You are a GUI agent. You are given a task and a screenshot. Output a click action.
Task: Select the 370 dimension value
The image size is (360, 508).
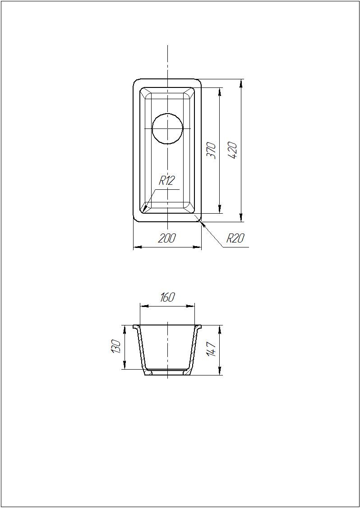click(212, 151)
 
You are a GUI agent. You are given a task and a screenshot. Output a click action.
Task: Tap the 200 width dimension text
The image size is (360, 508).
click(167, 238)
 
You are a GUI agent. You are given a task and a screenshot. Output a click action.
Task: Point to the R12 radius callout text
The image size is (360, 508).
click(167, 181)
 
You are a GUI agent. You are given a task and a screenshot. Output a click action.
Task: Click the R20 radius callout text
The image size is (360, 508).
click(235, 238)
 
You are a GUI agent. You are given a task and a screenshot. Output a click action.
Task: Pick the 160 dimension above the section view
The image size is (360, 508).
click(167, 297)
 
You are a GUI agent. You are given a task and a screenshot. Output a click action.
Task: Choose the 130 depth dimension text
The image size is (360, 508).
click(116, 347)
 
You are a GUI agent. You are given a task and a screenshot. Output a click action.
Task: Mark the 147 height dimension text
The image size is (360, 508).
click(212, 349)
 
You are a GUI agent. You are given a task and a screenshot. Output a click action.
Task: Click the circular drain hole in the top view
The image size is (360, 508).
click(167, 128)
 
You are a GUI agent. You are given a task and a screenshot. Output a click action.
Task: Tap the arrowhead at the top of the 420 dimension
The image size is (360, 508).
click(241, 83)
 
